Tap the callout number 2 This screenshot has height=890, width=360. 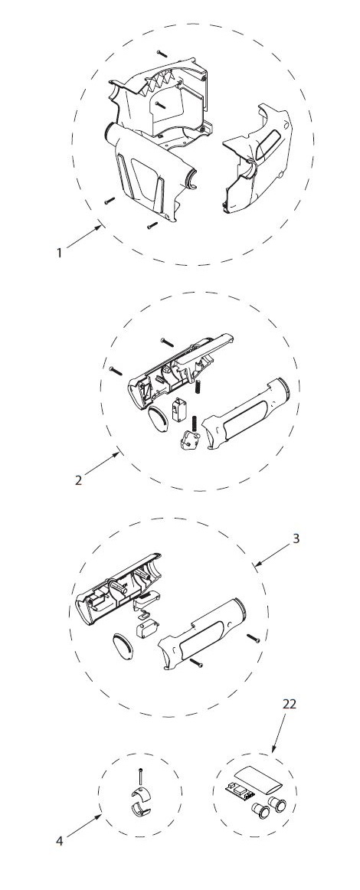[x=79, y=480]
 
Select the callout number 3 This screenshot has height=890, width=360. [x=296, y=538]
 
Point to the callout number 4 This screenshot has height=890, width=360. [x=60, y=841]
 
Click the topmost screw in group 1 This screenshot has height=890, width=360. [x=162, y=52]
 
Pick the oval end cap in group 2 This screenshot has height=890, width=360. [x=158, y=419]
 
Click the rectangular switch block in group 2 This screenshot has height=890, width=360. [x=179, y=409]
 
